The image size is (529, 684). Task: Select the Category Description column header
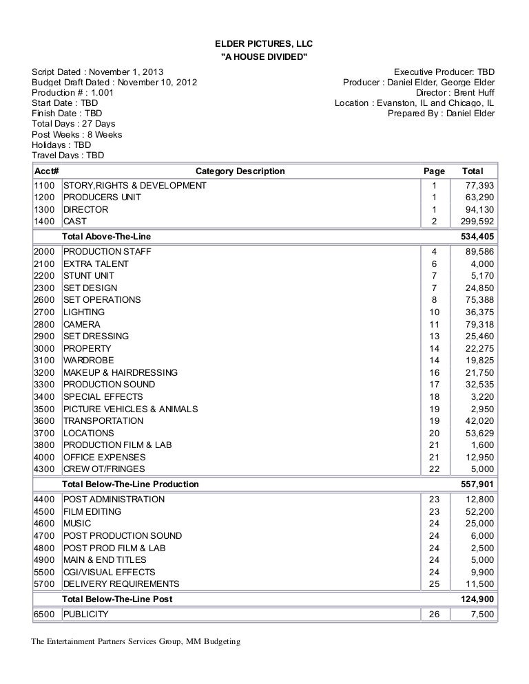[240, 171]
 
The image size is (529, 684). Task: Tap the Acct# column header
[45, 171]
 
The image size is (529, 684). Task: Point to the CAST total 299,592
[477, 222]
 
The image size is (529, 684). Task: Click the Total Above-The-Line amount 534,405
[477, 237]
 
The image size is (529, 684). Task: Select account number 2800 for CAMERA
[45, 324]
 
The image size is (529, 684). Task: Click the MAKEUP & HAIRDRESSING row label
[120, 372]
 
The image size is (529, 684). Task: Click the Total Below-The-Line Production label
[131, 484]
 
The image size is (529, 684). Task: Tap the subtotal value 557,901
[477, 484]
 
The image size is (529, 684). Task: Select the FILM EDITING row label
[92, 511]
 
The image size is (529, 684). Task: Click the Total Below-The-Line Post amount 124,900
[477, 599]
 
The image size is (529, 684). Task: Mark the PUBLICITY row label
[86, 614]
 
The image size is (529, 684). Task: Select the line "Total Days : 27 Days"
[73, 125]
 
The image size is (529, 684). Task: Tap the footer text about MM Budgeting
[136, 643]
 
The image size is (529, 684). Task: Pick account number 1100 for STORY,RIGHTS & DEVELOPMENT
[45, 185]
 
